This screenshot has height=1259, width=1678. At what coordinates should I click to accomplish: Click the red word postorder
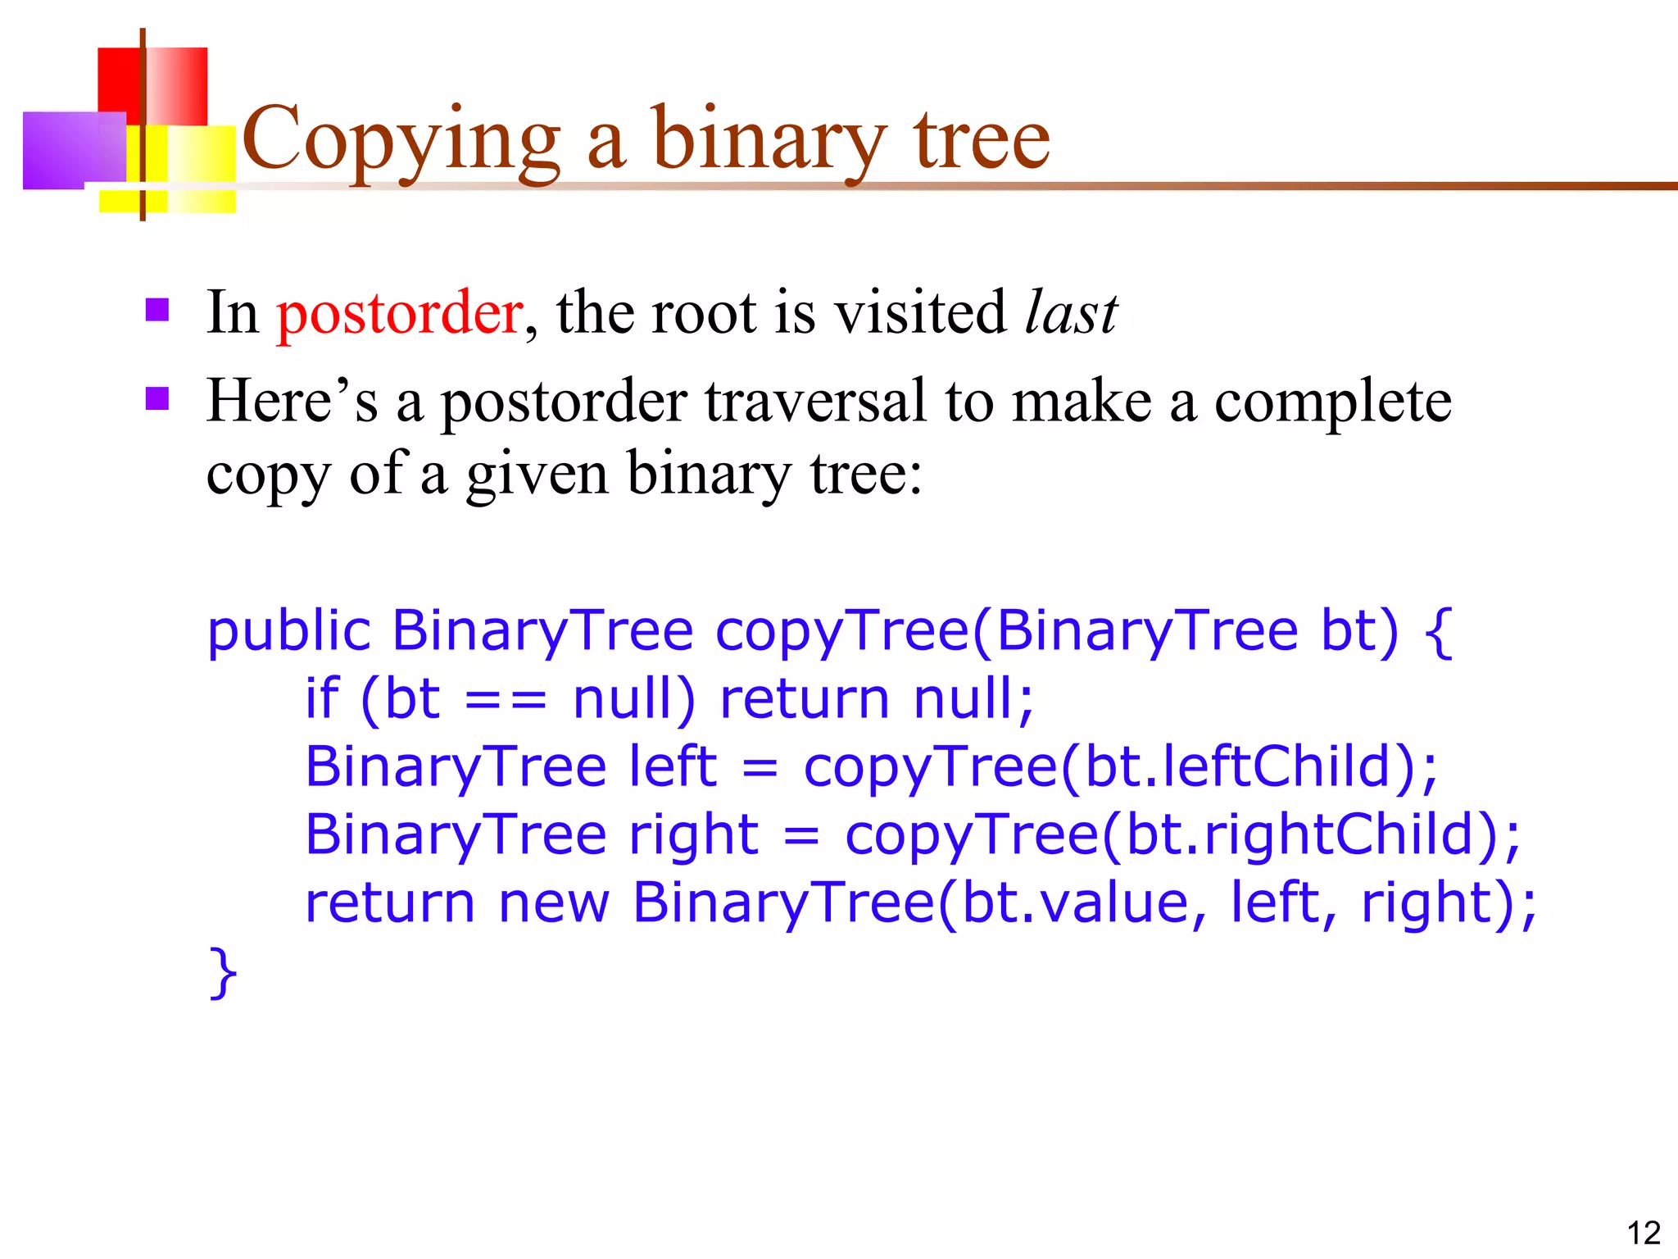click(x=399, y=313)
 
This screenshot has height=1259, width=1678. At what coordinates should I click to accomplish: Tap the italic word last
click(x=1071, y=313)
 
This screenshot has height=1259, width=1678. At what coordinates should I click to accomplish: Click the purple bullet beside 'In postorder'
click(x=157, y=310)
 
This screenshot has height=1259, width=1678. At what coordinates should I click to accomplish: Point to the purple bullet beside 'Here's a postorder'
click(x=157, y=399)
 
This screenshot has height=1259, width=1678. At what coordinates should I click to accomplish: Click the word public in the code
click(x=289, y=632)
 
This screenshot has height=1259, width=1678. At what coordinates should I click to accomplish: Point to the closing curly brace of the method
click(x=223, y=973)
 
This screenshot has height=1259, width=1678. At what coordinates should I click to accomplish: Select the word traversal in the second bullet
click(x=814, y=402)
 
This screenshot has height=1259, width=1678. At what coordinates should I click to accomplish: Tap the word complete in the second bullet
click(x=1332, y=402)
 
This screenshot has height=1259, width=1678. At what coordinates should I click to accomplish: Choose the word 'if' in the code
click(x=321, y=699)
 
